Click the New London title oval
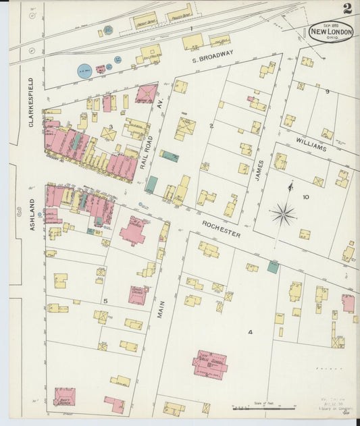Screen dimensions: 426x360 tap(331, 32)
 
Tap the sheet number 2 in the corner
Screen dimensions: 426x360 tap(347, 9)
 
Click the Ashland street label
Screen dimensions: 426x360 tap(32, 215)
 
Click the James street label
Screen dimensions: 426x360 tap(259, 166)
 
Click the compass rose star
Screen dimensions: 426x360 tap(283, 215)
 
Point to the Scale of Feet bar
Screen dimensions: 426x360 tap(264, 408)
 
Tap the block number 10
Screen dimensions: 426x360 tap(305, 197)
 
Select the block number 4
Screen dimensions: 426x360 tap(249, 332)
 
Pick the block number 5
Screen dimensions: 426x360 tap(105, 300)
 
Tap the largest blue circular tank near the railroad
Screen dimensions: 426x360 tap(84, 70)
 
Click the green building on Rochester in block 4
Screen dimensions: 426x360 tap(273, 267)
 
